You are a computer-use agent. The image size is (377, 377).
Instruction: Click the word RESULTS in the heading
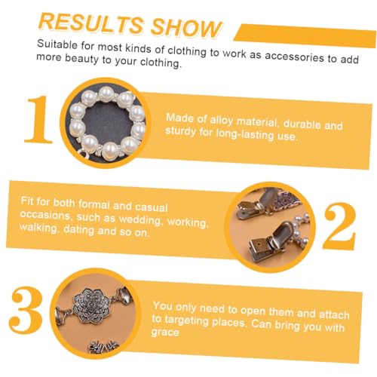(x=91, y=23)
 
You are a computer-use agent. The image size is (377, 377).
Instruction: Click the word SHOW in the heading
(x=186, y=28)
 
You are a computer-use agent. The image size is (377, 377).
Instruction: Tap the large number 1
(x=38, y=120)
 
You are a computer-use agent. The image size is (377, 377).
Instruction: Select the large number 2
(x=339, y=226)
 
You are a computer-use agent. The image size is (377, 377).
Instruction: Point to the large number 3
(x=26, y=311)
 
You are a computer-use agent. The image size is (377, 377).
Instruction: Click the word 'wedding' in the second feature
(x=140, y=219)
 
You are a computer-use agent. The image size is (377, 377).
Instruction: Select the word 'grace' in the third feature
(x=165, y=333)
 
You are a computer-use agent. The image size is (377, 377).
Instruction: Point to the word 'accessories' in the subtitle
(x=294, y=57)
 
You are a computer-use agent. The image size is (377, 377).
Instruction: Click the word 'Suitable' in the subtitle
(x=57, y=44)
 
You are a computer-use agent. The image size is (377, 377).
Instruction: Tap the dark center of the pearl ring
(x=106, y=123)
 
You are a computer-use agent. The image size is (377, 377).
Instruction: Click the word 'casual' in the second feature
(x=151, y=207)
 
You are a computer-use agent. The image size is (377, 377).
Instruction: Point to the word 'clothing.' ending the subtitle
(x=161, y=63)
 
